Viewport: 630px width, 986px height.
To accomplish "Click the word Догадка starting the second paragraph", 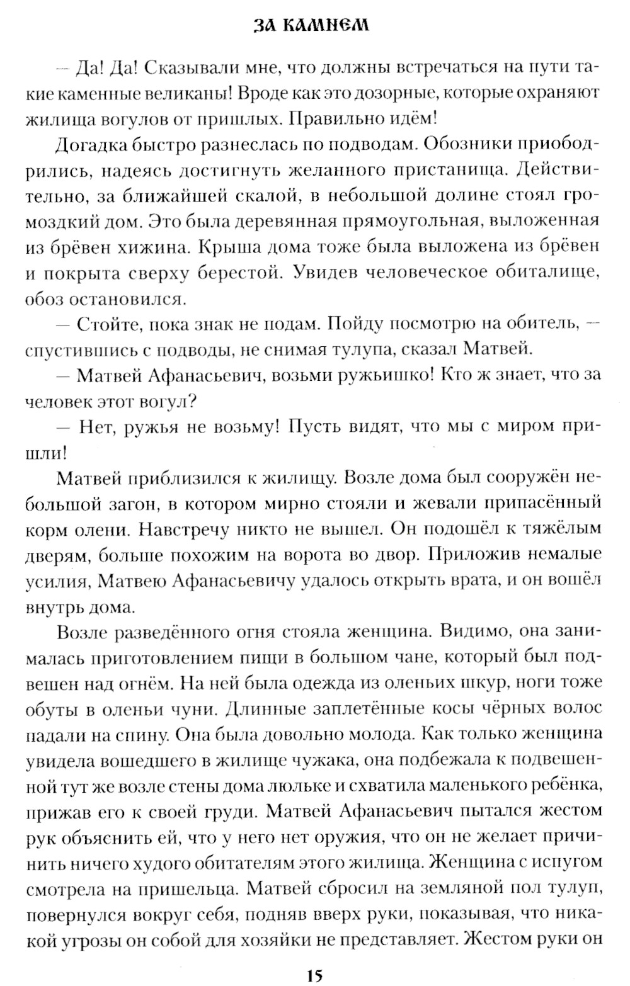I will click(x=91, y=145).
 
